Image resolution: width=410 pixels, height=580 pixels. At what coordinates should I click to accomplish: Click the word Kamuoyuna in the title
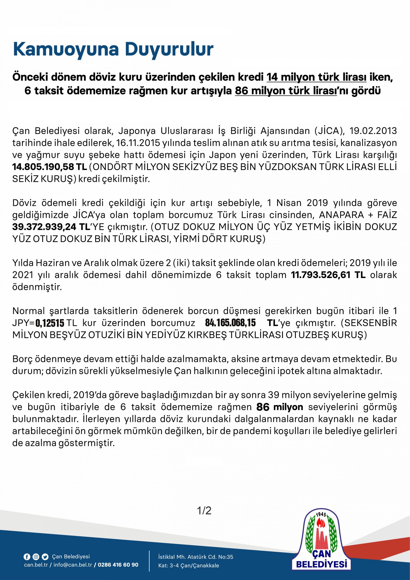(66, 49)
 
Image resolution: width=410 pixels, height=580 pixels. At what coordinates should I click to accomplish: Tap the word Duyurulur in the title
(169, 49)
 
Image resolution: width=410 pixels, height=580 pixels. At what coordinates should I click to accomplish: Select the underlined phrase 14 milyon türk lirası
(316, 77)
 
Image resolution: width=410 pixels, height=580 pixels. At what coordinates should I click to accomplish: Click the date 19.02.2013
(373, 131)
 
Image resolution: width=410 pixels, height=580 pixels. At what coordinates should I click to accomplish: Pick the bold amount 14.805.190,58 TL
(50, 167)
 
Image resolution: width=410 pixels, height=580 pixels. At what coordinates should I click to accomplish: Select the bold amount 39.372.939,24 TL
(51, 227)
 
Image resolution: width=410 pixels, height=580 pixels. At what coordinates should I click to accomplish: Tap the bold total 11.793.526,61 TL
(328, 275)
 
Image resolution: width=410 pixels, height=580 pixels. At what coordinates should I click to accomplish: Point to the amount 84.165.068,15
(230, 323)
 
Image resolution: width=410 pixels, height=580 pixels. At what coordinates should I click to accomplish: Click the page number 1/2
(204, 510)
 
